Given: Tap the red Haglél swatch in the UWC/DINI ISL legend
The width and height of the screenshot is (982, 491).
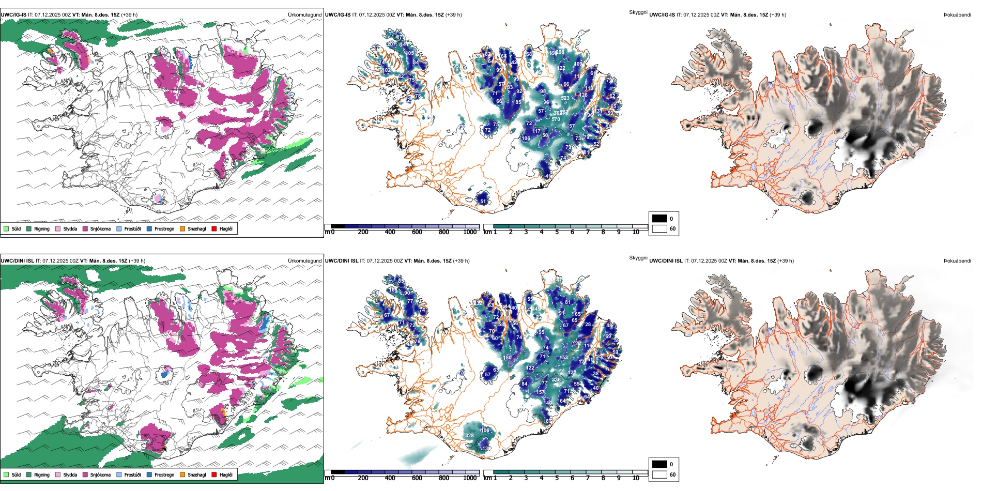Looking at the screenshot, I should pos(214,474).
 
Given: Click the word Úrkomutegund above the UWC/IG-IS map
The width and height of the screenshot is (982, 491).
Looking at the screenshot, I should pos(304,14).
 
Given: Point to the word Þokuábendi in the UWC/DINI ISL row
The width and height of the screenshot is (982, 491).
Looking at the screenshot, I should pos(957,260).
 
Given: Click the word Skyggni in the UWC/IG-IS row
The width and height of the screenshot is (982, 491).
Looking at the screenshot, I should pos(638,12).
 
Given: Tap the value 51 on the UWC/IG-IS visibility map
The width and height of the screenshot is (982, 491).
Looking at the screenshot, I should pos(483,202).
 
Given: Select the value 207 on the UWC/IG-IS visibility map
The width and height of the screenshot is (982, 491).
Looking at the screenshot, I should pos(392,44).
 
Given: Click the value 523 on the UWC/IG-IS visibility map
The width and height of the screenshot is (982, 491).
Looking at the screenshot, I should pos(565,98).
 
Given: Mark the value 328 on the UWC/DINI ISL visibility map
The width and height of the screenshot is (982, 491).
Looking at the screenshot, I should pos(469,436).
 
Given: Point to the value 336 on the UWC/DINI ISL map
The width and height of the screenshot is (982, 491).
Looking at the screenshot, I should pos(556,380).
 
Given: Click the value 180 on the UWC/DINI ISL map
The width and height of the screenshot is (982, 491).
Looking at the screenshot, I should pos(508,357).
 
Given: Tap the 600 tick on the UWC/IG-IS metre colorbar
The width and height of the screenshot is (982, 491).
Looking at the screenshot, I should pos(417,232).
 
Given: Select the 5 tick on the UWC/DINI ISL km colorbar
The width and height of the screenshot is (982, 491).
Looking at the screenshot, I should pos(557,478).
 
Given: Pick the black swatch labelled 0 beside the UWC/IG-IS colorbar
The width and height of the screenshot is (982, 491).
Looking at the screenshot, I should pos(659,219).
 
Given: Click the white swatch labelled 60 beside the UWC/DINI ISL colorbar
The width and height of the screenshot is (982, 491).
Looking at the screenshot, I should pos(659,474).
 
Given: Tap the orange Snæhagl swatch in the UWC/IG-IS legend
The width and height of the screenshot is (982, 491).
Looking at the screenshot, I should pos(182,228).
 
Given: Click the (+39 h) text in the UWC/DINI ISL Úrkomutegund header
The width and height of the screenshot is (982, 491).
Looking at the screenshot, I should pos(136,260).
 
